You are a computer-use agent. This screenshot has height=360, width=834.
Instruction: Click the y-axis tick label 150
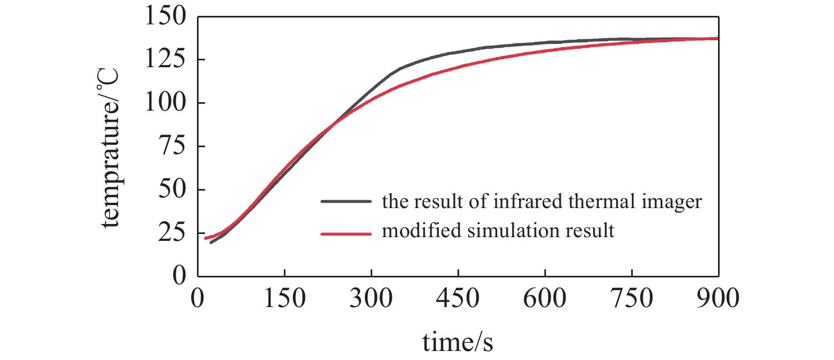pyautogui.click(x=165, y=17)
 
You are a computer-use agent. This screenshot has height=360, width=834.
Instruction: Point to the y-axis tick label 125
pyautogui.click(x=165, y=59)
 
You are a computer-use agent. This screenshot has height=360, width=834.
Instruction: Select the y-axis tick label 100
pyautogui.click(x=165, y=103)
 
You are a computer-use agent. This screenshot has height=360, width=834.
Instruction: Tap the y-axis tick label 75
pyautogui.click(x=172, y=146)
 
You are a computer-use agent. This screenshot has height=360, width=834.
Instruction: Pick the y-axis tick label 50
pyautogui.click(x=172, y=190)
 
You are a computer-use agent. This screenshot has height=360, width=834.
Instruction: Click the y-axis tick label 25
pyautogui.click(x=172, y=232)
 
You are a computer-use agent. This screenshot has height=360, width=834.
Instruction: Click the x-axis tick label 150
pyautogui.click(x=284, y=299)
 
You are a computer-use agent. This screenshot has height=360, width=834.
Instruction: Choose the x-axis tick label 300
pyautogui.click(x=371, y=299)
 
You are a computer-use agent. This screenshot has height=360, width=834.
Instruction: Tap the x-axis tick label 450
pyautogui.click(x=458, y=299)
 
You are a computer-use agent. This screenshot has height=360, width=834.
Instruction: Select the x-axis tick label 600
pyautogui.click(x=545, y=299)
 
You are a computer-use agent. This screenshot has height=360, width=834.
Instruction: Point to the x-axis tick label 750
pyautogui.click(x=632, y=299)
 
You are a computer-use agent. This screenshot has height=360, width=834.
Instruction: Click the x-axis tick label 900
pyautogui.click(x=718, y=299)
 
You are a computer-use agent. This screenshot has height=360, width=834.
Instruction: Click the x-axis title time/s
pyautogui.click(x=458, y=343)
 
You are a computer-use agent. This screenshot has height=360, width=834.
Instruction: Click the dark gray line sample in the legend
pyautogui.click(x=346, y=202)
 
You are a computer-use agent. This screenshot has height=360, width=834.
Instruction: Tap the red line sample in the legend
pyautogui.click(x=346, y=233)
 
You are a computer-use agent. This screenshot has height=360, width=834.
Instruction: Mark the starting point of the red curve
pyautogui.click(x=205, y=238)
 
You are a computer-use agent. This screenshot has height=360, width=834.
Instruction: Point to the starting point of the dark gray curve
pyautogui.click(x=211, y=242)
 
